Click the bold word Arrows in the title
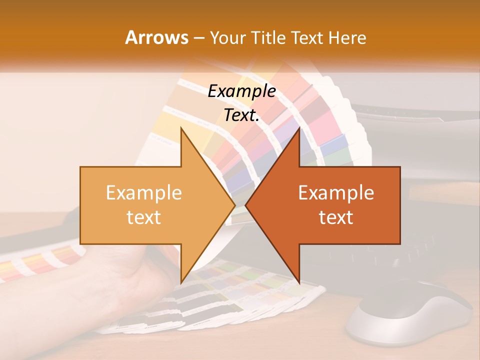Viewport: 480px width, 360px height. [x=156, y=37]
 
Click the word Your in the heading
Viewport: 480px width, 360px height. [x=228, y=37]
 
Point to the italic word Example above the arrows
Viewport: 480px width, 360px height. [x=241, y=91]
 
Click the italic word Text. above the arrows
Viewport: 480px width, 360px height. [x=241, y=115]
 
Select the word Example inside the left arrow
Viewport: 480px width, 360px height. [x=144, y=193]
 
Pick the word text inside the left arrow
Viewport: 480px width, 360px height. [x=144, y=217]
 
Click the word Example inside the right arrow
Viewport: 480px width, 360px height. [x=336, y=193]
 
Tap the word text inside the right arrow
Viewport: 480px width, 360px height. [x=336, y=217]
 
